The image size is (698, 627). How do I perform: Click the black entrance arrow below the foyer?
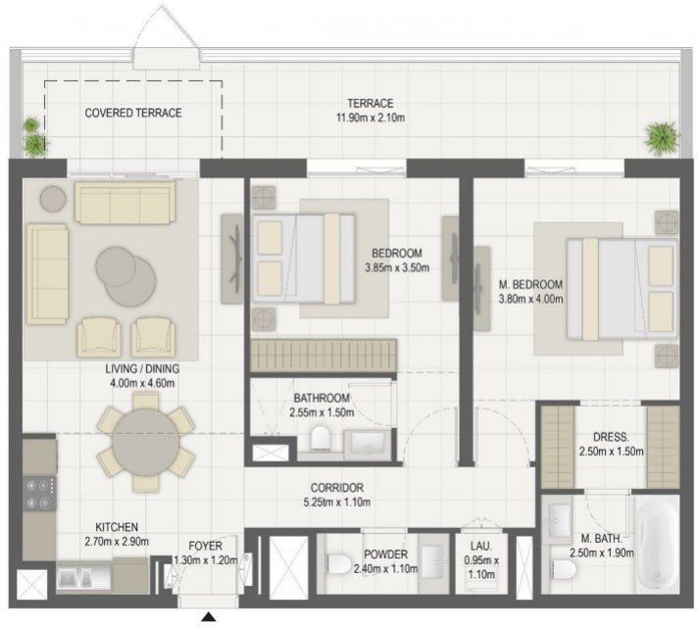tap(209, 617)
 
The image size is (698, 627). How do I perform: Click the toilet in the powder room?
tap(338, 563)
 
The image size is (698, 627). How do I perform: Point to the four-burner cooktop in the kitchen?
tap(39, 494)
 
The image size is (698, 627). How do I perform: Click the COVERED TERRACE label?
tap(133, 113)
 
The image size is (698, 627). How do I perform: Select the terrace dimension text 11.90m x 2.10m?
tap(371, 118)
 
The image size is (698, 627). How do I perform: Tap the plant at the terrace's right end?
tap(663, 138)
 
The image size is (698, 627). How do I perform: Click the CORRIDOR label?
tap(337, 488)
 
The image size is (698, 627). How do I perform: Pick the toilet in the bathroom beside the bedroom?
tap(320, 438)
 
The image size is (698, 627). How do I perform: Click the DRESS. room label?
tap(611, 437)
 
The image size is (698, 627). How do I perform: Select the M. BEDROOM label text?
tap(530, 284)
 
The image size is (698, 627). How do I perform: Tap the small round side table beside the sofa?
tap(53, 199)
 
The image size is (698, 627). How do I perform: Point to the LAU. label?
tap(481, 546)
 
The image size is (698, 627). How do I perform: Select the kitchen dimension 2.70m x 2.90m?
tap(117, 542)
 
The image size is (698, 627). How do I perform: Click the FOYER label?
tap(205, 546)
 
